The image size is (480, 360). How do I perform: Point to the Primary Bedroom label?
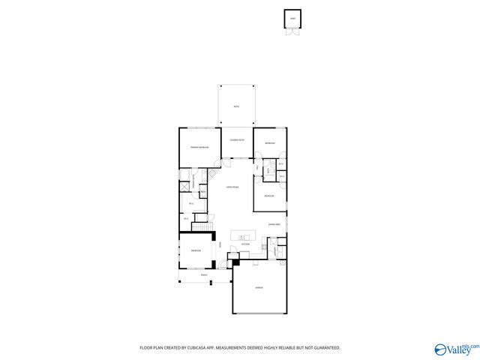tap(199, 148)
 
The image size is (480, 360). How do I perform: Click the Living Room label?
tap(232, 187)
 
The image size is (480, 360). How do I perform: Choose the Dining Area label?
tap(275, 223)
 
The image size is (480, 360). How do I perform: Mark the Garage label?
tap(259, 289)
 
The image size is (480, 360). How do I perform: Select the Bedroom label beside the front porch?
tap(196, 250)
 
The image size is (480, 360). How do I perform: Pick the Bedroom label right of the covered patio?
tap(270, 143)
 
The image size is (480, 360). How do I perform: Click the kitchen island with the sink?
tap(244, 236)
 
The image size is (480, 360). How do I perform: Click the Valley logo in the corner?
tap(454, 349)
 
